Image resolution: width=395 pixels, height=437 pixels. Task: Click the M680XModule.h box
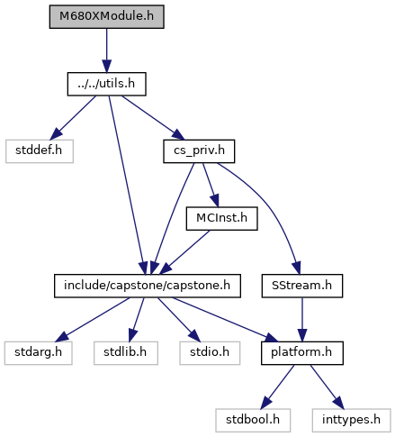pyautogui.click(x=106, y=16)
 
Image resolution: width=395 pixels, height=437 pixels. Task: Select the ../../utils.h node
pyautogui.click(x=106, y=84)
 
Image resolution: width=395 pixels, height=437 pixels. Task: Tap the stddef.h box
pyautogui.click(x=40, y=151)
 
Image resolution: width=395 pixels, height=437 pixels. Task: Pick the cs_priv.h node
pyautogui.click(x=199, y=151)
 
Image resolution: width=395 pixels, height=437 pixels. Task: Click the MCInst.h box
pyautogui.click(x=221, y=219)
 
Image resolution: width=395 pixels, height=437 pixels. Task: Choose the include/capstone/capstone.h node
pyautogui.click(x=148, y=286)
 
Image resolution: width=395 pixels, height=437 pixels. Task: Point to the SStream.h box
pyautogui.click(x=302, y=286)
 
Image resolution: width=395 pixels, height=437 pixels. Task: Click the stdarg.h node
pyautogui.click(x=39, y=353)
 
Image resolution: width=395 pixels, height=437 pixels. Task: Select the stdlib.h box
pyautogui.click(x=126, y=353)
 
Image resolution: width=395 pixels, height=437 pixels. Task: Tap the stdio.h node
pyautogui.click(x=210, y=353)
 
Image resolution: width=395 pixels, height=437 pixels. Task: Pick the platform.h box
pyautogui.click(x=302, y=353)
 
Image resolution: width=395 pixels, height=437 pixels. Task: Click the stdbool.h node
pyautogui.click(x=253, y=421)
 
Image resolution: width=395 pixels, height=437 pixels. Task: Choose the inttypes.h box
pyautogui.click(x=351, y=421)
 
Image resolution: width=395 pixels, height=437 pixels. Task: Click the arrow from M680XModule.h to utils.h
pyautogui.click(x=106, y=50)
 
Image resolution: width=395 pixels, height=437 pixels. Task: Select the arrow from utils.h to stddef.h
pyautogui.click(x=73, y=118)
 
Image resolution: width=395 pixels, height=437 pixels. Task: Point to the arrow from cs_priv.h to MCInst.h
pyautogui.click(x=211, y=185)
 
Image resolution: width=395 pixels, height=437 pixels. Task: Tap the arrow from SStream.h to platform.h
pyautogui.click(x=302, y=320)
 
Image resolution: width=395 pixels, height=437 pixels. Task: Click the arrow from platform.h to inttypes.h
pyautogui.click(x=328, y=387)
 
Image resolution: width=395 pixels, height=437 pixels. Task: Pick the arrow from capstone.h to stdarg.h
pyautogui.click(x=93, y=320)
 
